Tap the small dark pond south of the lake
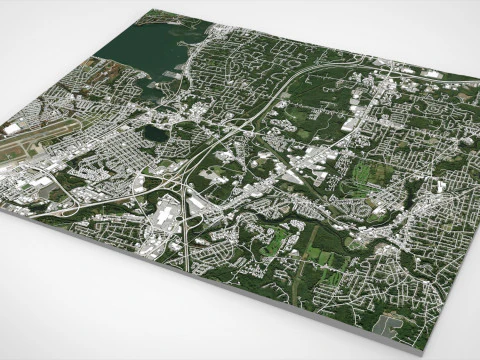[x=155, y=132]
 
